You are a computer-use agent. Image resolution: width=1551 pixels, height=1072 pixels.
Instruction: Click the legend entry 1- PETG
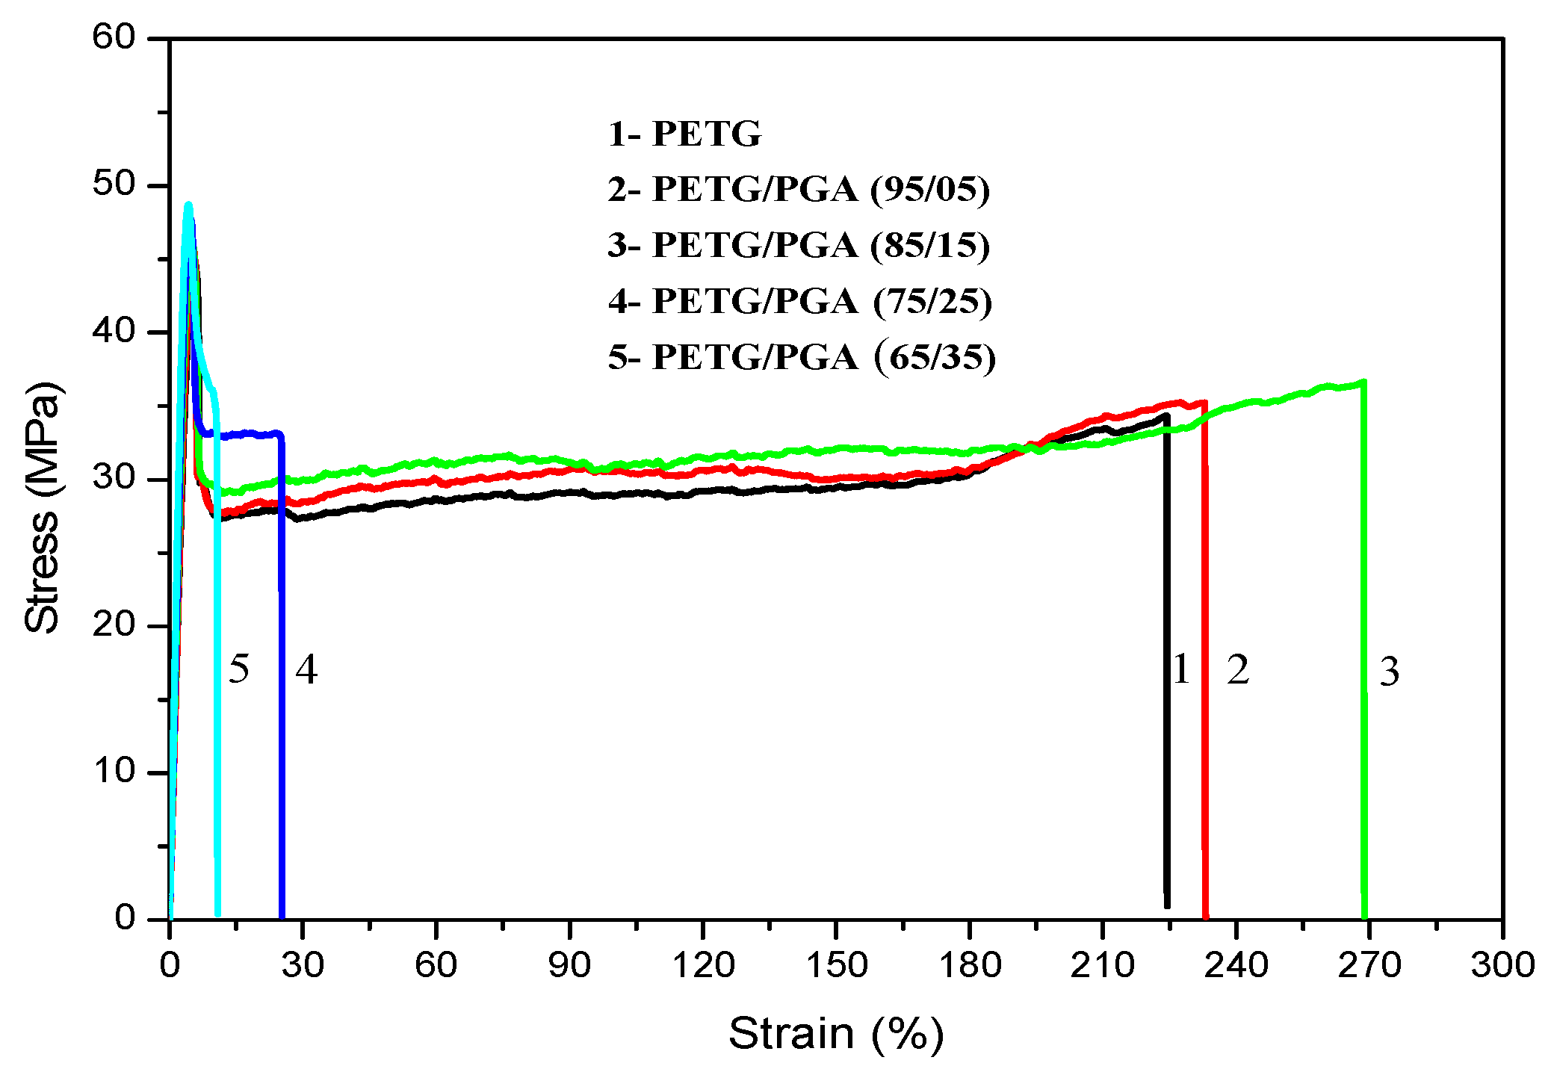pos(684,134)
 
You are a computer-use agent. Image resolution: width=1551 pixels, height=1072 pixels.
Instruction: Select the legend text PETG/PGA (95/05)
pos(799,189)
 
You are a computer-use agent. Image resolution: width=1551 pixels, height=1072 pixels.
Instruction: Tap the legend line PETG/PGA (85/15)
pos(799,245)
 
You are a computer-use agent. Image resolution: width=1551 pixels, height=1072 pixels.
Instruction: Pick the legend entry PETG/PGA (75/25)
pos(799,301)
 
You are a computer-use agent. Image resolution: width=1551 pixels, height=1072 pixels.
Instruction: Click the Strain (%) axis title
pos(835,1033)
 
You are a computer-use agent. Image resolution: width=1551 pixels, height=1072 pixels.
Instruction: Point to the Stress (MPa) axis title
pos(42,508)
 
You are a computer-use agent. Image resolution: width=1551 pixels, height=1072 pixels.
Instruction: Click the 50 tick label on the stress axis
pos(114,184)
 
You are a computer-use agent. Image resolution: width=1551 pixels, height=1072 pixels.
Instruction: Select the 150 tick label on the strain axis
pos(836,964)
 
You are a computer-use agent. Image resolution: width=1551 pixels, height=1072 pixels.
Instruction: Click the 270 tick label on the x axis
pos(1369,964)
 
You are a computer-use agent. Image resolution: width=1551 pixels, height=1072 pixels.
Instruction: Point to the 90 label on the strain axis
pos(569,964)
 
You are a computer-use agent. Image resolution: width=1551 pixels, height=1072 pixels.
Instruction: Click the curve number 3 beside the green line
pos(1389,671)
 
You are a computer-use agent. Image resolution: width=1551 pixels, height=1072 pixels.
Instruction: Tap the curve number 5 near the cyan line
pos(238,668)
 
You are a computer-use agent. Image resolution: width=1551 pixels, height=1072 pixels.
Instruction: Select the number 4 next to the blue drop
pos(306,669)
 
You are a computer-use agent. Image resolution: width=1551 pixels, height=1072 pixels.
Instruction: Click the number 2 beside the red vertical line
pos(1237,669)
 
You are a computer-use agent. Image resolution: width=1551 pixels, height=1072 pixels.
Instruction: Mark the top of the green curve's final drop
pos(1363,383)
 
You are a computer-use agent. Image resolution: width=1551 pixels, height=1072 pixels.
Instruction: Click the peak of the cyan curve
pos(188,205)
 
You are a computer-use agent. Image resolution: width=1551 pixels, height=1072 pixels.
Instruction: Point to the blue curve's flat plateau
pos(247,434)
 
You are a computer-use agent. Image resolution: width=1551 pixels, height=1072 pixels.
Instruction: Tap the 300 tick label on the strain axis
pos(1502,964)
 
